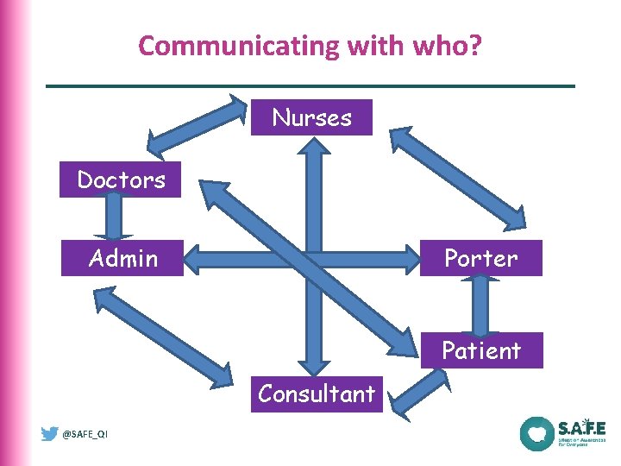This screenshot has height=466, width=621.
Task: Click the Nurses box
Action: point(311,117)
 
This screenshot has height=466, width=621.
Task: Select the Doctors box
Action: point(120,179)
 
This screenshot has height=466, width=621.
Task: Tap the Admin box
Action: point(122,258)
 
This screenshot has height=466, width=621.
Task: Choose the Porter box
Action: point(480,258)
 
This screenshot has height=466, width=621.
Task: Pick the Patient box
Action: point(481,350)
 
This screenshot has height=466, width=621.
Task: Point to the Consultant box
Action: point(317,394)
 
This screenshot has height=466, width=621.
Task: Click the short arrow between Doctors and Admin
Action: point(110,216)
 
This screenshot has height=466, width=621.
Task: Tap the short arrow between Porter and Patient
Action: point(481,304)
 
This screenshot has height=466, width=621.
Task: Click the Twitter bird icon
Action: point(50,433)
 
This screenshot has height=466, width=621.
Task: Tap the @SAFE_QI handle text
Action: point(86,434)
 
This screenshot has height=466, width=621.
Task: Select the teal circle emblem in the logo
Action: point(536,432)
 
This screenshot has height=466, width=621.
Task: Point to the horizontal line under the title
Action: point(310,85)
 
